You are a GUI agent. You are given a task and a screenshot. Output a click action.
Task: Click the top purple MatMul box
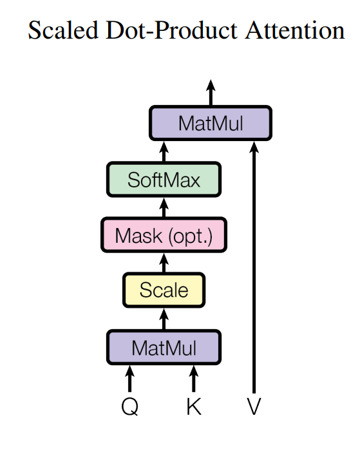click(211, 122)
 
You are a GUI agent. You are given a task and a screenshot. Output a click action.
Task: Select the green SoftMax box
click(164, 179)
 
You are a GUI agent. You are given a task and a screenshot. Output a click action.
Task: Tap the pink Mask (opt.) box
click(164, 235)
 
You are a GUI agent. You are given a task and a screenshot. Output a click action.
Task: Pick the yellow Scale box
click(164, 290)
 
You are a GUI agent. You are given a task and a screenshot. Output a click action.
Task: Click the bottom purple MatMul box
click(164, 348)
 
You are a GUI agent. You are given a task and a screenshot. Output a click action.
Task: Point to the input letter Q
click(129, 408)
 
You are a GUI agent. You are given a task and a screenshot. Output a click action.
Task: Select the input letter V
click(254, 408)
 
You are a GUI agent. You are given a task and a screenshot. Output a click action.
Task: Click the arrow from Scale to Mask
click(164, 262)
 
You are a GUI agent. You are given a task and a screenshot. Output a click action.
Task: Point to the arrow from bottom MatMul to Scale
click(164, 318)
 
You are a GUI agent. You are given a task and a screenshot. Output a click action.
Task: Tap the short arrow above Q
click(129, 379)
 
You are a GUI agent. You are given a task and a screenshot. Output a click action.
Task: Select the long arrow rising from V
click(254, 270)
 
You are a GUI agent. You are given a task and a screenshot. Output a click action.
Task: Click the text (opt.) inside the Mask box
click(190, 236)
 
